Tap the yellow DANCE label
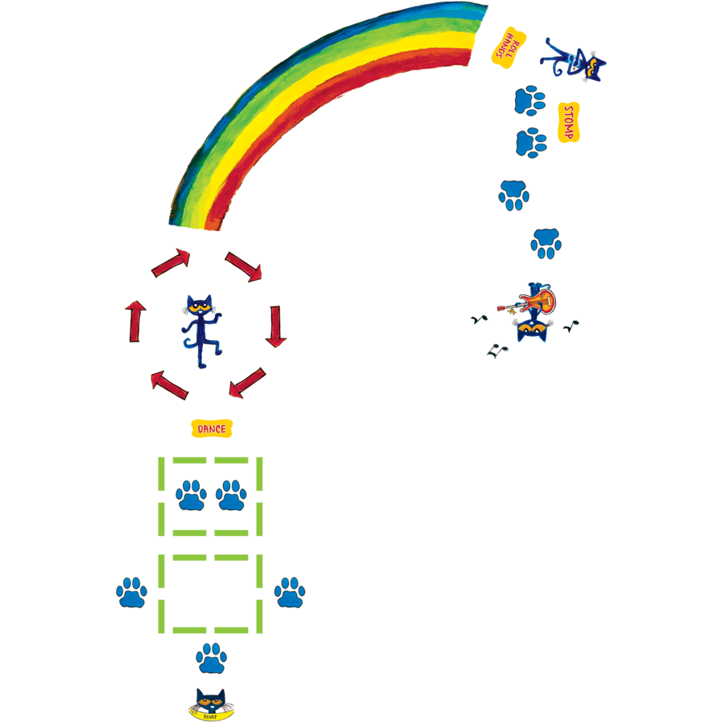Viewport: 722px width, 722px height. pyautogui.click(x=212, y=429)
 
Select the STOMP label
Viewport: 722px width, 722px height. pyautogui.click(x=569, y=123)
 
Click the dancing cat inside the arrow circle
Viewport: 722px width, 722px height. pyautogui.click(x=201, y=330)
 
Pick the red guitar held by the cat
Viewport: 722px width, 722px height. pyautogui.click(x=537, y=302)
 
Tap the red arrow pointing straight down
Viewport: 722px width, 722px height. pyautogui.click(x=276, y=326)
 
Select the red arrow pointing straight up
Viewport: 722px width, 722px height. pyautogui.click(x=135, y=321)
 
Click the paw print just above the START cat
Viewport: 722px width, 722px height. pyautogui.click(x=211, y=658)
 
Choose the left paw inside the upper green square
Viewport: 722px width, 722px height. pyautogui.click(x=191, y=495)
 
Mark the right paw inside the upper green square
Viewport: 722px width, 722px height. pyautogui.click(x=231, y=495)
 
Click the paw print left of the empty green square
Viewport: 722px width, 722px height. pyautogui.click(x=132, y=592)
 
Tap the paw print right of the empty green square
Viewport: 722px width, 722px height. pyautogui.click(x=290, y=592)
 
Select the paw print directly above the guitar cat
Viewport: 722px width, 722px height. pyautogui.click(x=546, y=243)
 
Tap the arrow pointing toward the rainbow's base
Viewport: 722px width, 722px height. pyautogui.click(x=172, y=263)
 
